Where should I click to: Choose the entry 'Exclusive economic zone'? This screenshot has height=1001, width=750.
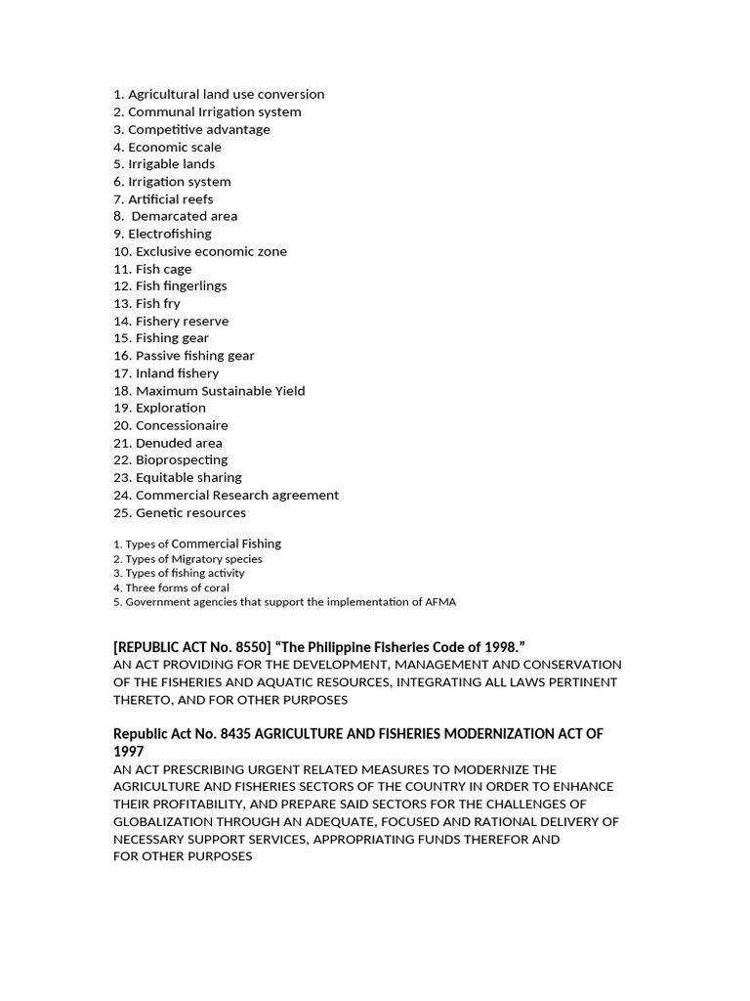[x=211, y=251]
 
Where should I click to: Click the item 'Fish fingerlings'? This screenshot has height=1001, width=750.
[x=181, y=285]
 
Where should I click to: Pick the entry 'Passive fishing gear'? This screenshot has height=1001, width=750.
[x=194, y=356]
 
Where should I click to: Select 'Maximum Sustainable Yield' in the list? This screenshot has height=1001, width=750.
[x=220, y=390]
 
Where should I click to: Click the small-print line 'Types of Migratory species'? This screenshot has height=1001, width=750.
[x=193, y=559]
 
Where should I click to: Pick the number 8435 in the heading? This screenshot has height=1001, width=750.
[x=218, y=733]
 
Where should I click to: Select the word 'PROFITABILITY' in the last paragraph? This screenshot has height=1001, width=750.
[x=198, y=805]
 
